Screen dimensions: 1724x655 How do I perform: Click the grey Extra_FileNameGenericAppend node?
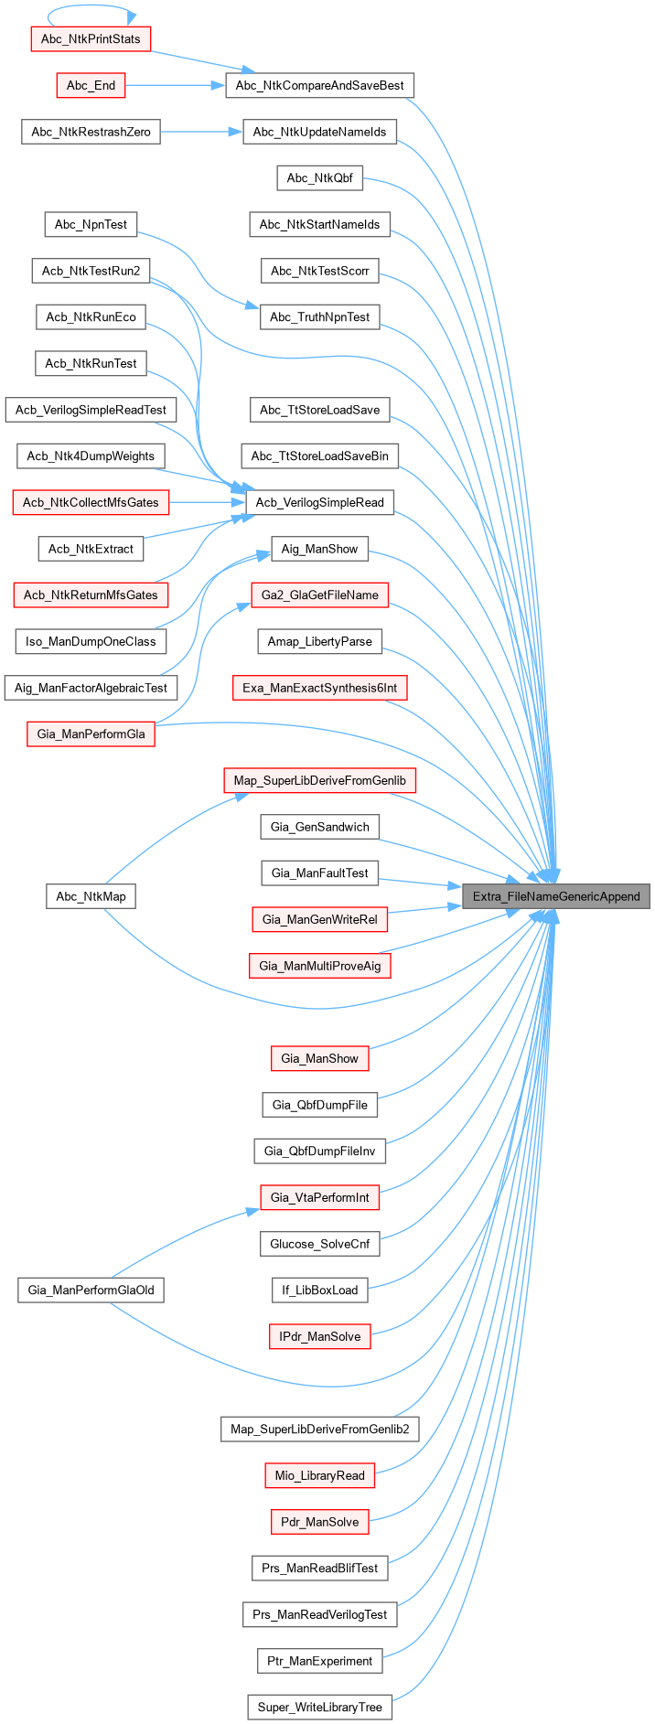(x=556, y=896)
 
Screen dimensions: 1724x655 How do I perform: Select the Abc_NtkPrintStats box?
(x=91, y=39)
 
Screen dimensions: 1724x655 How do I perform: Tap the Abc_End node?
(x=91, y=86)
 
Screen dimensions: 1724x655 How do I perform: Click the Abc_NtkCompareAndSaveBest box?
(x=319, y=86)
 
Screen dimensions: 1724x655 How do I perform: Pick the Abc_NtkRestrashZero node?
(x=91, y=132)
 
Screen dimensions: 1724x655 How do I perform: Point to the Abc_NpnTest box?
(x=91, y=224)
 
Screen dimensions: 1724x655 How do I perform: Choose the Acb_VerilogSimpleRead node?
(x=319, y=502)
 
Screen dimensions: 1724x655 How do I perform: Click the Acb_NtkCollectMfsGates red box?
(x=91, y=502)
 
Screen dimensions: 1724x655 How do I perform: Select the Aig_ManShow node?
(x=319, y=549)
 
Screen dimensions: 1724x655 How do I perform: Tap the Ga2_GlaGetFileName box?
(x=319, y=595)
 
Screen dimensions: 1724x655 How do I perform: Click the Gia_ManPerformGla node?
(x=91, y=734)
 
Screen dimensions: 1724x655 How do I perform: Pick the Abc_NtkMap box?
(x=91, y=896)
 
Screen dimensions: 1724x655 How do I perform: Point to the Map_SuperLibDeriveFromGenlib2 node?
(x=319, y=1429)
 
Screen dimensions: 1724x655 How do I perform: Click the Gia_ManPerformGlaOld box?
(x=91, y=1290)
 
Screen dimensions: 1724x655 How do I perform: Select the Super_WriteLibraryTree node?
(x=319, y=1707)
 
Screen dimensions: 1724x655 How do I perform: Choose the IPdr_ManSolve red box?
(x=319, y=1336)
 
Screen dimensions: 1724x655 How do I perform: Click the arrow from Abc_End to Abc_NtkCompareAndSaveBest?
(x=174, y=86)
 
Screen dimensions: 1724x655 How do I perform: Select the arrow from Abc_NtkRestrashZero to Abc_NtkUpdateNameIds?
(x=201, y=132)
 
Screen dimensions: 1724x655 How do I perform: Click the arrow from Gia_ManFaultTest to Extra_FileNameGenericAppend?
(x=421, y=882)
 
